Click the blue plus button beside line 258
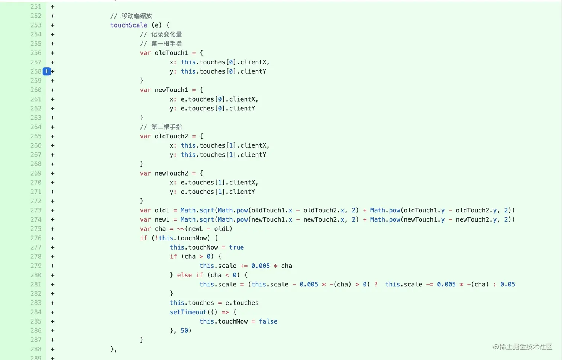pos(47,71)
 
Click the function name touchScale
pos(129,25)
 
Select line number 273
pos(36,210)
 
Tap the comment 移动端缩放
pos(136,16)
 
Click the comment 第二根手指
pos(166,127)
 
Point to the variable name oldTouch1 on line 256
pos(171,53)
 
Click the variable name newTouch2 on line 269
pos(171,173)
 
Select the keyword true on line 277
pos(236,247)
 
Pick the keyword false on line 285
pos(268,321)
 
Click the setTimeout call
pos(188,312)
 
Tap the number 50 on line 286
pos(184,331)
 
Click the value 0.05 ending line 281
pos(507,285)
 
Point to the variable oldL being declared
pos(162,210)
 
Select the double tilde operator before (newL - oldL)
pos(181,229)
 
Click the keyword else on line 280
pos(184,275)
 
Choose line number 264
pos(36,127)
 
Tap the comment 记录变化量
pos(166,35)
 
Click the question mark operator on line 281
pos(376,285)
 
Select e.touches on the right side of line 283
pos(242,303)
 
